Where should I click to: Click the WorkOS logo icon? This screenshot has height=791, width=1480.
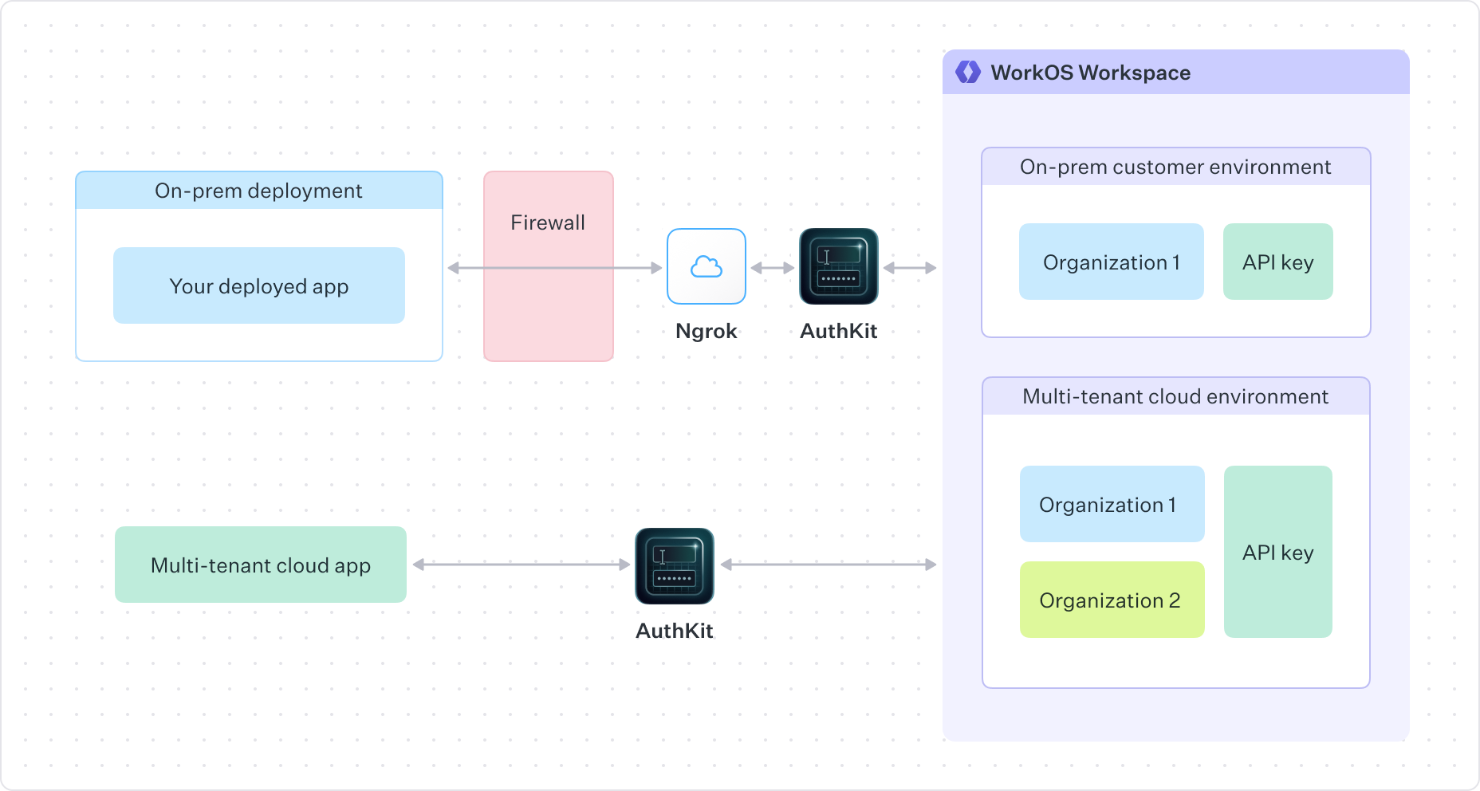(x=967, y=73)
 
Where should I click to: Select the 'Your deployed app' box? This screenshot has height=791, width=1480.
(x=259, y=285)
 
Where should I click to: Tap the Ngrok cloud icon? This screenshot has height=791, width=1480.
(x=707, y=266)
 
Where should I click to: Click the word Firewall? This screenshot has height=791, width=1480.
(x=548, y=222)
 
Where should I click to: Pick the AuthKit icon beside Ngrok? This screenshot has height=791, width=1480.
(x=838, y=266)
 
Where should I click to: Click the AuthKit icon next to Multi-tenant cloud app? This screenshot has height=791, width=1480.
(x=675, y=565)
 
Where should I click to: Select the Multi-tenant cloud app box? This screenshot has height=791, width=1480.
(x=261, y=565)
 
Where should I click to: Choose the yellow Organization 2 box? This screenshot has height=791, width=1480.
(x=1112, y=600)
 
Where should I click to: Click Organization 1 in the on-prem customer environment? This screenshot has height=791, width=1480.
(x=1111, y=262)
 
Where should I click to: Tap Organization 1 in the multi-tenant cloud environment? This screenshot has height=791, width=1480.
(x=1112, y=504)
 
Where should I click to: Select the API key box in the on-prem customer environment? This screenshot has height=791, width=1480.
(x=1277, y=262)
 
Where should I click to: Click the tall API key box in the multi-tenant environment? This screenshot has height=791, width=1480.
(x=1277, y=552)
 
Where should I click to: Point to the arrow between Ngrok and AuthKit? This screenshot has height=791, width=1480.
(x=772, y=268)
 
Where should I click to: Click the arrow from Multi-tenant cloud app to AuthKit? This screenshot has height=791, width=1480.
(x=521, y=565)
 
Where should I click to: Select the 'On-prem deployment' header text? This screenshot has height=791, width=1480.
(x=258, y=191)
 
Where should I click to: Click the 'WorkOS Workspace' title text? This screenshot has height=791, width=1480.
(x=1090, y=73)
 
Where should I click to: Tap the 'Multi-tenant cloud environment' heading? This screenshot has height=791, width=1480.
(x=1175, y=396)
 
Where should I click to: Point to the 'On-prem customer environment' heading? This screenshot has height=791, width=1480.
(x=1175, y=167)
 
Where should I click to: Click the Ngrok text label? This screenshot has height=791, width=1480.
(x=706, y=331)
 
